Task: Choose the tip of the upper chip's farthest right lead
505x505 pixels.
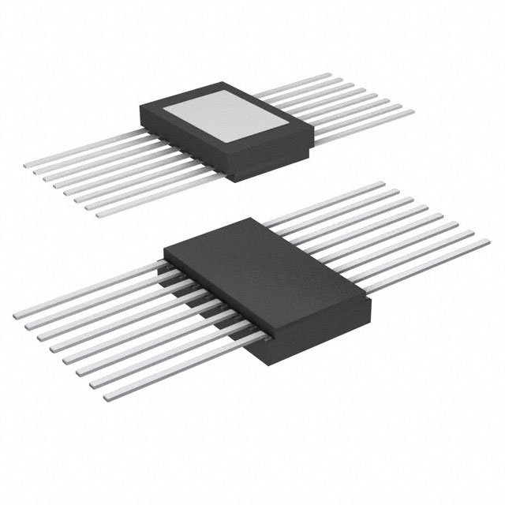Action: tap(326, 77)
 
